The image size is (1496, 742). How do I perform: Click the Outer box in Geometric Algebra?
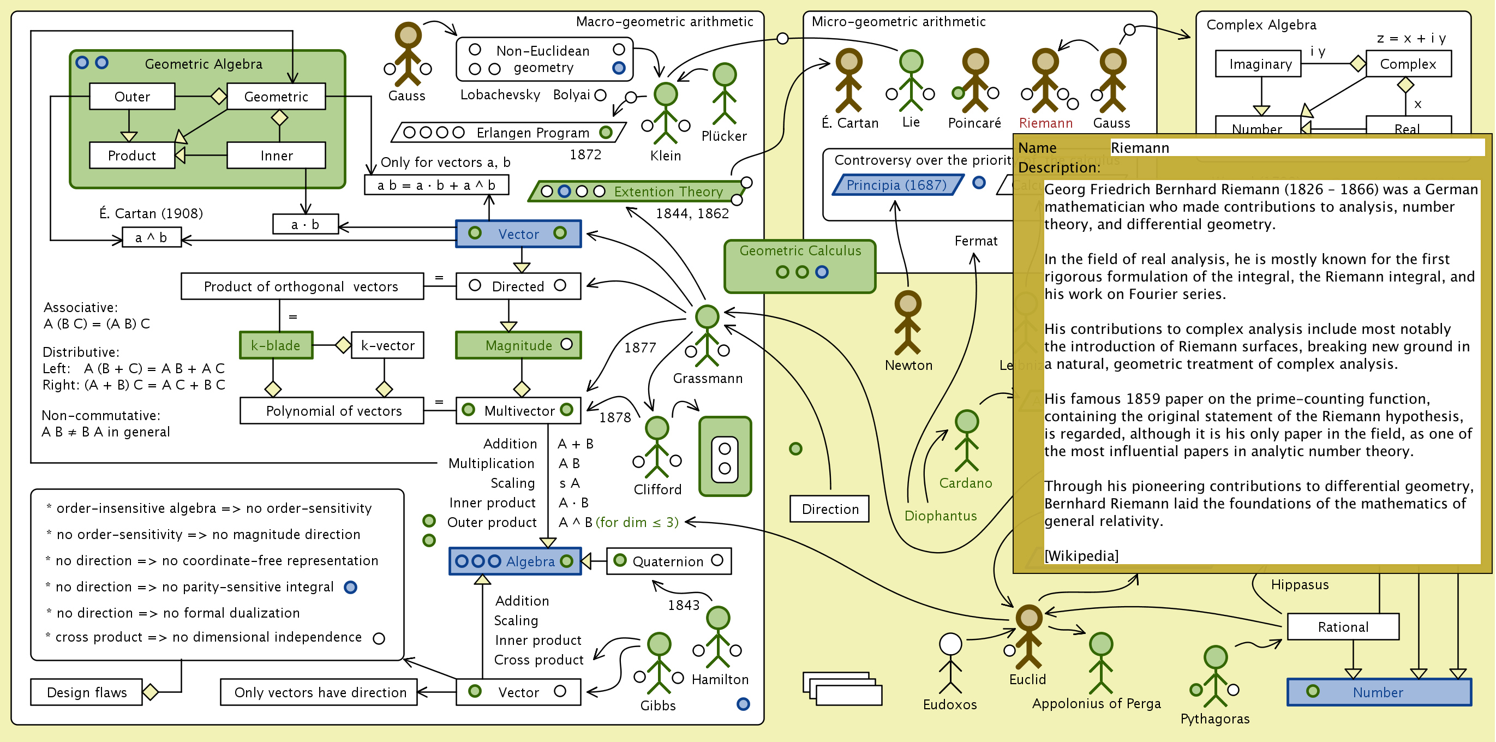132,97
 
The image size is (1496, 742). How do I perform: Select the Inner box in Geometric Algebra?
276,155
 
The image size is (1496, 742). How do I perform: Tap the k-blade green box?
276,345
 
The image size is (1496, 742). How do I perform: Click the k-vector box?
387,345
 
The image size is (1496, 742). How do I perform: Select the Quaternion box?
668,561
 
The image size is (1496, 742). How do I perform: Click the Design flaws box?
87,692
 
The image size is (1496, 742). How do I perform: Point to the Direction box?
829,509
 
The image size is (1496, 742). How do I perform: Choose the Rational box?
1342,627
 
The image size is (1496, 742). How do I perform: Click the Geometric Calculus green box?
800,266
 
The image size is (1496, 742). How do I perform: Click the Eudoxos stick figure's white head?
950,644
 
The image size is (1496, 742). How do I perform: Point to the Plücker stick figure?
724,96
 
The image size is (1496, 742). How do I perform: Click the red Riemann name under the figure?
1045,123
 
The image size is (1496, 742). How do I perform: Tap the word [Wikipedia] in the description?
1081,556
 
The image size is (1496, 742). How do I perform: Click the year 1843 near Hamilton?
684,606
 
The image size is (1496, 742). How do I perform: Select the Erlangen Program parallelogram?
508,133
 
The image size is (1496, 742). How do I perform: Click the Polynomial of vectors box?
333,411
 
